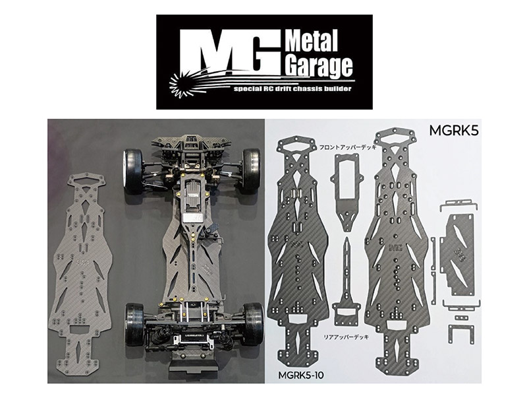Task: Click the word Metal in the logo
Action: pos(312,43)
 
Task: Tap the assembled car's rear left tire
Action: pos(135,323)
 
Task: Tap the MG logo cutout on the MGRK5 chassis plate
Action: pos(396,247)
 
